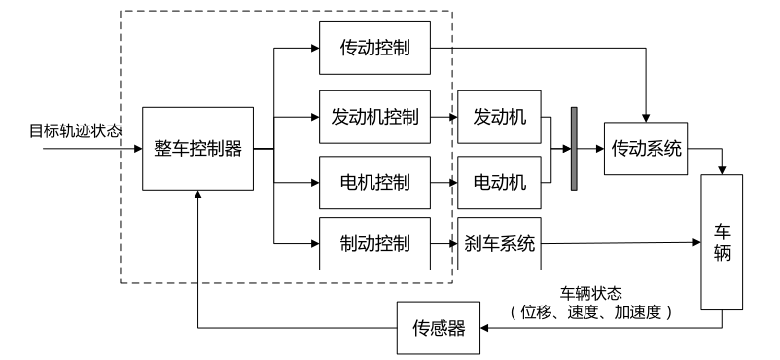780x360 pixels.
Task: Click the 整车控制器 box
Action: click(x=197, y=149)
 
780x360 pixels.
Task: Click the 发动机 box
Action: click(x=500, y=117)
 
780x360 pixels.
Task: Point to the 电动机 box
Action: click(x=500, y=181)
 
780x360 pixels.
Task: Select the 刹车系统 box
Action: click(x=500, y=243)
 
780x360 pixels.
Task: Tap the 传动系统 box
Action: click(x=646, y=149)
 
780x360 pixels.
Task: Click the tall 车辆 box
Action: click(x=722, y=242)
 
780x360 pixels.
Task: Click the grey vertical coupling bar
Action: click(x=574, y=149)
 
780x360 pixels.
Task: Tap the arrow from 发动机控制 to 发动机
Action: click(x=442, y=117)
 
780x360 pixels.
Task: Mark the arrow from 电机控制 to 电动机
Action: click(x=442, y=181)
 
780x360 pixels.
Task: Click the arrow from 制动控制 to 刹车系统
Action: click(x=442, y=243)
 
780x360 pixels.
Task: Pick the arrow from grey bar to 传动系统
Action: click(x=591, y=149)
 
